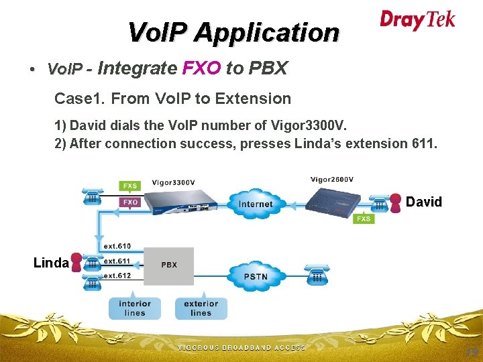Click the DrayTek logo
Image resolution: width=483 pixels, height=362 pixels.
(x=417, y=19)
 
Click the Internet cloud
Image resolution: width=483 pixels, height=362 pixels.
(x=256, y=203)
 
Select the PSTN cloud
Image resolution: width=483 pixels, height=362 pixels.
(x=255, y=276)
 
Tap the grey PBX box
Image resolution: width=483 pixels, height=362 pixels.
(x=169, y=266)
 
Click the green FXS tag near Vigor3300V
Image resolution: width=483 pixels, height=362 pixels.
(x=129, y=186)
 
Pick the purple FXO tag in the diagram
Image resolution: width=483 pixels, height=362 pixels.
(x=129, y=201)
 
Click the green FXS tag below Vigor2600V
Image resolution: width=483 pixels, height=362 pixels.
(x=364, y=219)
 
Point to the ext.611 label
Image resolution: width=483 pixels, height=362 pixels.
(x=117, y=261)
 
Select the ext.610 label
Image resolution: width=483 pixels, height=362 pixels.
(x=117, y=246)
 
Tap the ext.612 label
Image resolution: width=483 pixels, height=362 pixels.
(x=117, y=276)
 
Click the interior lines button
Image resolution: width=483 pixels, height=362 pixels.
(x=135, y=308)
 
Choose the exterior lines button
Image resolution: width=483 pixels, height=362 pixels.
(x=201, y=308)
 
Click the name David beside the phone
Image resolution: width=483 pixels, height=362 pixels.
(x=424, y=202)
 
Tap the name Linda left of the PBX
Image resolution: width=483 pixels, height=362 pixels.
(x=51, y=263)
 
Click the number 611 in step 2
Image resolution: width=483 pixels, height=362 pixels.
(x=422, y=143)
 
